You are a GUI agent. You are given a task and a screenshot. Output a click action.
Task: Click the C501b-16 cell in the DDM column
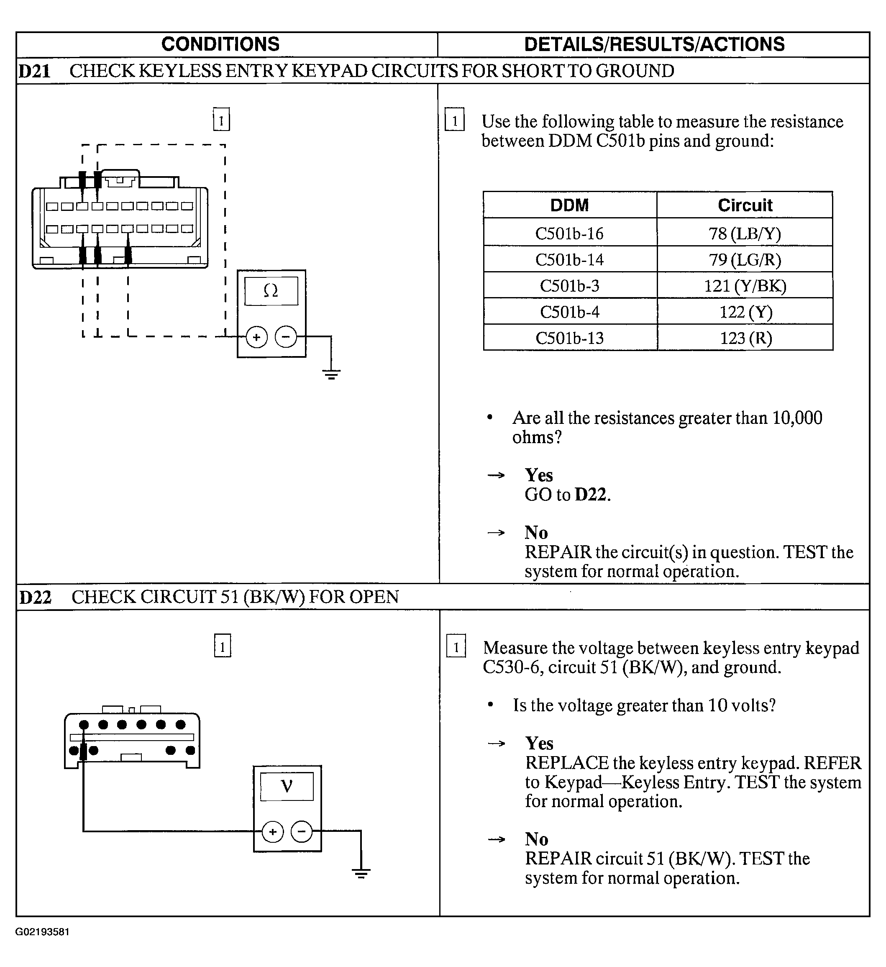tap(569, 233)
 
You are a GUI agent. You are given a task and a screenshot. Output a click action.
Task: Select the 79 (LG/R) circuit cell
tap(745, 259)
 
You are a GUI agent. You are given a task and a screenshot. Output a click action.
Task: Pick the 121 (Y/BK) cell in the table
tap(745, 286)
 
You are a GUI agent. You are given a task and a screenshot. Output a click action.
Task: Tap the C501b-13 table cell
tap(569, 338)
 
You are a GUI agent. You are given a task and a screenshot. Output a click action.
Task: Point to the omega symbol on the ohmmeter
tap(271, 291)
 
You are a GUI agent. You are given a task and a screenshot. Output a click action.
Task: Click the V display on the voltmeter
tap(287, 786)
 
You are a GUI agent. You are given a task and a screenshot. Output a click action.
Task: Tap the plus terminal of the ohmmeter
tap(256, 337)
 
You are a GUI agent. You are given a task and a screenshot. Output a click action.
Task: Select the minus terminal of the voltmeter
tap(302, 831)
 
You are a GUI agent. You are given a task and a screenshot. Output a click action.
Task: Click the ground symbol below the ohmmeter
tap(331, 374)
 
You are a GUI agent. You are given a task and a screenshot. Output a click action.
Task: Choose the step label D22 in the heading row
tap(36, 597)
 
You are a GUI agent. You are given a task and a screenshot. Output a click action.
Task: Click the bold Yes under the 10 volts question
tap(539, 744)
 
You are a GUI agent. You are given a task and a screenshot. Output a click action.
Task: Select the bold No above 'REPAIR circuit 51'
tap(536, 839)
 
